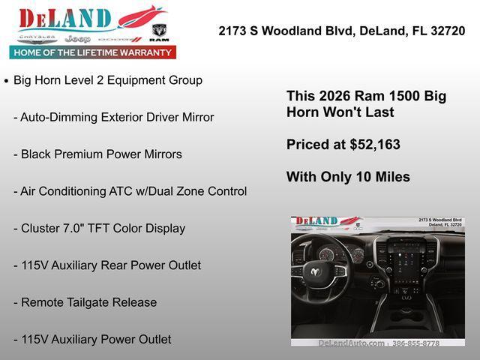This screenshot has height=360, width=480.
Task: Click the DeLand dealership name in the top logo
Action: point(65,19)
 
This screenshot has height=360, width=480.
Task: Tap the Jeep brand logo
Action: point(77,38)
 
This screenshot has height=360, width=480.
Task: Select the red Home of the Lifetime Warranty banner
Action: point(92,52)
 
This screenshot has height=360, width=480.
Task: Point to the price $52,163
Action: point(374,145)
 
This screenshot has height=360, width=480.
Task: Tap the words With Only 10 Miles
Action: point(348,177)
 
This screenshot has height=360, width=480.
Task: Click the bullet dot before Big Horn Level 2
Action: point(7,81)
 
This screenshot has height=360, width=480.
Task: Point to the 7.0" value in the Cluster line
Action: point(76,228)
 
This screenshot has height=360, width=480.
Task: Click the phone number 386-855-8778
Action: point(417,343)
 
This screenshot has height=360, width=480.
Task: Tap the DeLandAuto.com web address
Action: point(351,343)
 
